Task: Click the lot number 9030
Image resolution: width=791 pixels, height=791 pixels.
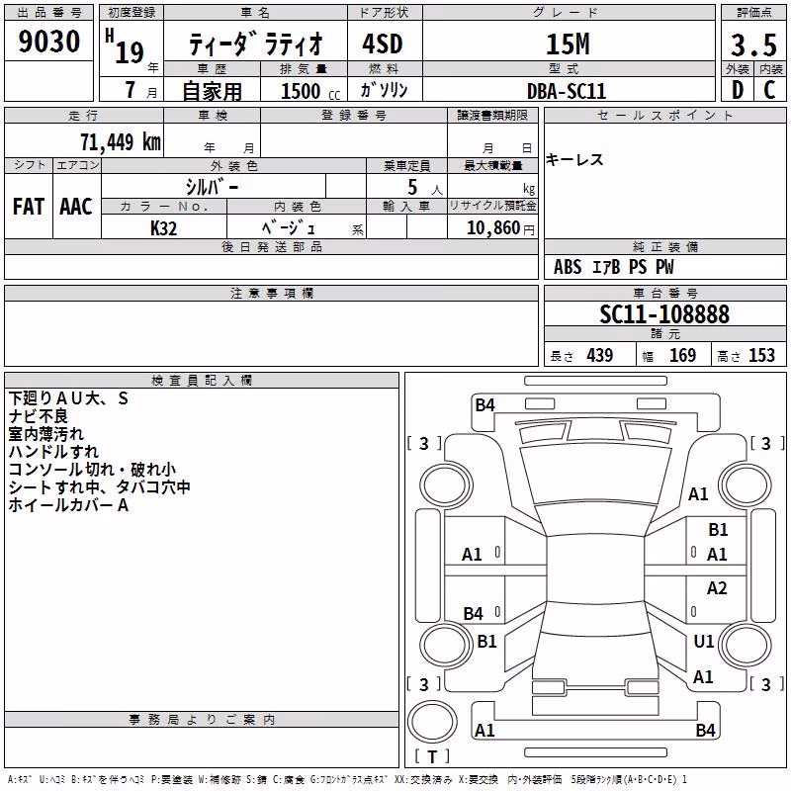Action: point(48,42)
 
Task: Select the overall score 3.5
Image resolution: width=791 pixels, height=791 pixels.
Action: point(753,45)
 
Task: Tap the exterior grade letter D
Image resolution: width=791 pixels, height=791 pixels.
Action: point(738,90)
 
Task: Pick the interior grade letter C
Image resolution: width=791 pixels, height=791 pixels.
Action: point(769,90)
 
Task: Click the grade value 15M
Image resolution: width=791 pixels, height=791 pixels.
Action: point(568,44)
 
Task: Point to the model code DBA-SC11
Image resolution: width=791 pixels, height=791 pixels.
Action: point(566,91)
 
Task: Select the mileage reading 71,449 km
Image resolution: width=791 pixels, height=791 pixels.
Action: point(121,142)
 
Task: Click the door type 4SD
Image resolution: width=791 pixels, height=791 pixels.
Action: point(383,44)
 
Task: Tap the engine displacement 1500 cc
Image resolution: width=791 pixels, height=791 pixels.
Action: point(310,91)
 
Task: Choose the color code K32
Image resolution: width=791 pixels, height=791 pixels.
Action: point(163,228)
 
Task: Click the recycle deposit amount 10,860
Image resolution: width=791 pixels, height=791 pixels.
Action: point(493,228)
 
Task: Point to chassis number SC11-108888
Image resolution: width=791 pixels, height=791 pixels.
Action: point(664,314)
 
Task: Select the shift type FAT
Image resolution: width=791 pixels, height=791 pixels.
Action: point(29,207)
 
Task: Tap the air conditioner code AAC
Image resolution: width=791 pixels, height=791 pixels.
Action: point(76,207)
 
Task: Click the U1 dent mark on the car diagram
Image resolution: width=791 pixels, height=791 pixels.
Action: point(704,641)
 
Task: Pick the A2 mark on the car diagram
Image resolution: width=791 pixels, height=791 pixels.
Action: point(717,588)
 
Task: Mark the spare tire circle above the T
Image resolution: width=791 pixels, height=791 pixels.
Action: point(432,722)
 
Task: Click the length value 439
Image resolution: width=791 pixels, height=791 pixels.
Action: point(600,356)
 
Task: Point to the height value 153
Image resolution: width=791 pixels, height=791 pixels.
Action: point(761,356)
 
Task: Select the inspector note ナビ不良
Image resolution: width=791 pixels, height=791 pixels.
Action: point(39,416)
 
